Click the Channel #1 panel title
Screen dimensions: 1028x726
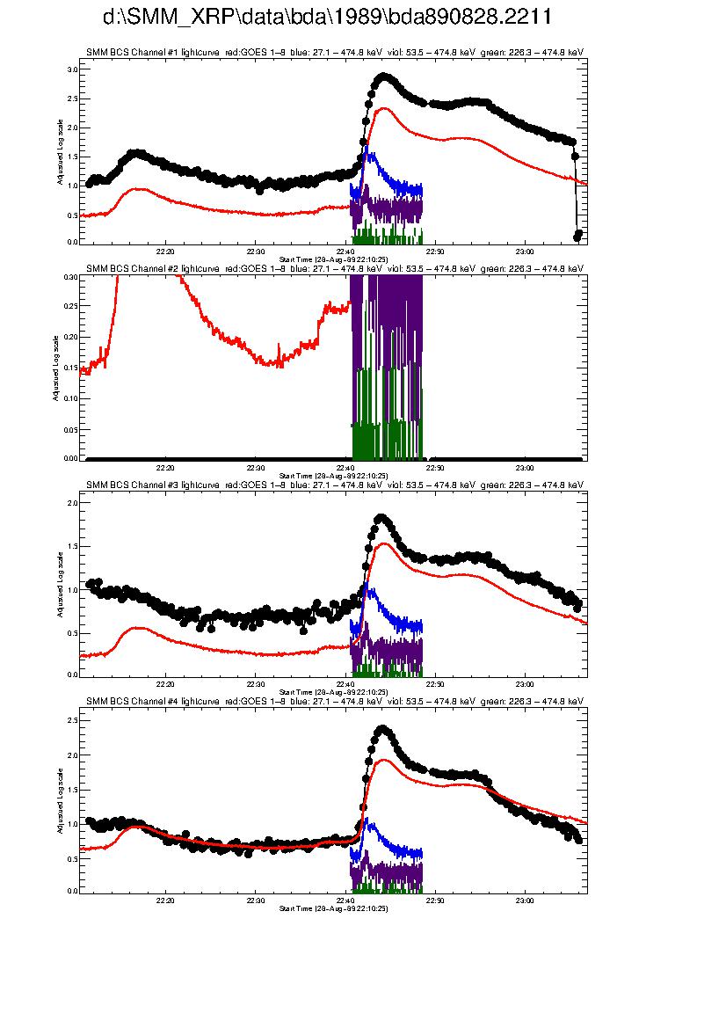coord(335,53)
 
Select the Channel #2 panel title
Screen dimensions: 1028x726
coord(335,269)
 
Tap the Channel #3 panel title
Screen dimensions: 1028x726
coord(335,485)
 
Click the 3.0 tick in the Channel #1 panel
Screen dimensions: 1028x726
coord(72,69)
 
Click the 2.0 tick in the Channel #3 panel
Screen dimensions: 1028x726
coord(72,503)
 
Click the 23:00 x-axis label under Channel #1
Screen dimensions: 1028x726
coord(525,250)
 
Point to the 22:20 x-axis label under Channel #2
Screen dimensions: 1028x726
coord(165,466)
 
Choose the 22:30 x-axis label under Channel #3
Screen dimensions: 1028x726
coord(255,682)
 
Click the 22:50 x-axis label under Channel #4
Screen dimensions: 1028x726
coord(435,900)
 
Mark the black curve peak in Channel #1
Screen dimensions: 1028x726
coord(383,77)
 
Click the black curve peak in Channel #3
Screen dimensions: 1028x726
coord(381,518)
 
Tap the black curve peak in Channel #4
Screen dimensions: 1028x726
coord(382,729)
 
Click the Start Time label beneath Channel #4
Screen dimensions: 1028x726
coord(333,908)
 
